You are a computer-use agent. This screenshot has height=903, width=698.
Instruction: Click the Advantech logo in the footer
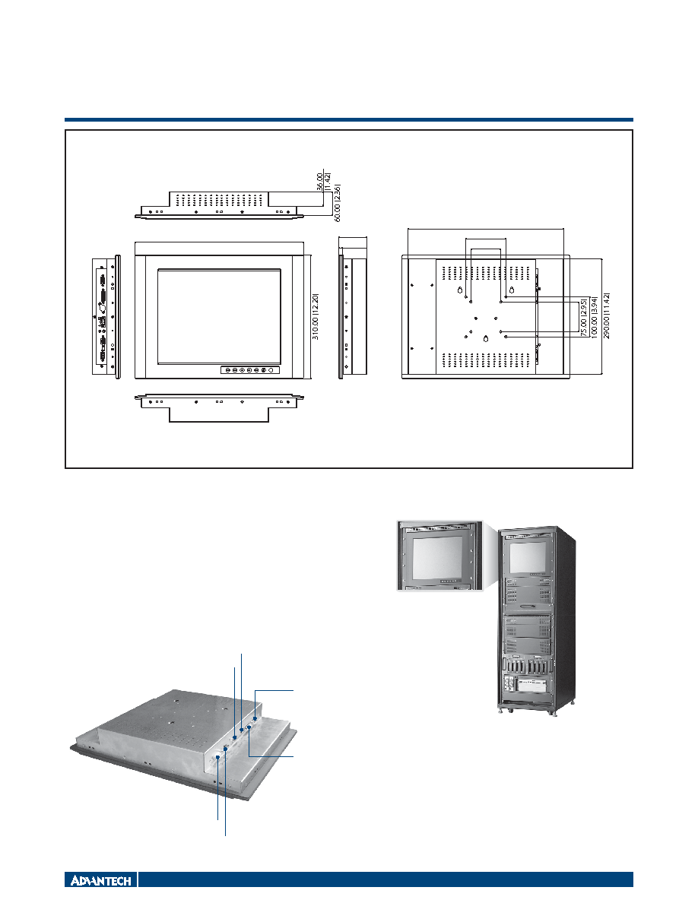pos(101,880)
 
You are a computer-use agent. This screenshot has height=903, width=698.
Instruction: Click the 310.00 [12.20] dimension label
pos(316,317)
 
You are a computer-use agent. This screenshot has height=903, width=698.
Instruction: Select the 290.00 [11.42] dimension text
pos(607,315)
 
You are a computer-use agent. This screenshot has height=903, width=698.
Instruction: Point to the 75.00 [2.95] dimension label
pos(584,317)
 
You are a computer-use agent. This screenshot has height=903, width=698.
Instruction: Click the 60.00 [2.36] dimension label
pos(338,202)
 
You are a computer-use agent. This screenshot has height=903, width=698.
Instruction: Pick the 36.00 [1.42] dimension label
pos(324,182)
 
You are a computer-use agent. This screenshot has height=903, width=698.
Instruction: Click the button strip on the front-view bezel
pos(250,369)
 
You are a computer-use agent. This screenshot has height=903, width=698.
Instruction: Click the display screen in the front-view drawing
pos(220,317)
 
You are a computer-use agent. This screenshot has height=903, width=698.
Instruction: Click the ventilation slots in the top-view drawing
pos(219,199)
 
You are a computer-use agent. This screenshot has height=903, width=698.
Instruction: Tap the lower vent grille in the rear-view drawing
pos(486,361)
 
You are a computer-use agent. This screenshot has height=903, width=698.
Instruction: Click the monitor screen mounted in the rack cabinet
pos(528,558)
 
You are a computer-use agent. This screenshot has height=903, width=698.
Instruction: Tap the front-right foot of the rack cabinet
pos(554,712)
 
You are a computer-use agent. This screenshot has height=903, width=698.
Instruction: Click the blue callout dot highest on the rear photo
pos(255,719)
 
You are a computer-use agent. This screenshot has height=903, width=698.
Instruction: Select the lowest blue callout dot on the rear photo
pos(218,758)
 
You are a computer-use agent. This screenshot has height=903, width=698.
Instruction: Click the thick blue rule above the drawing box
pos(349,120)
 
